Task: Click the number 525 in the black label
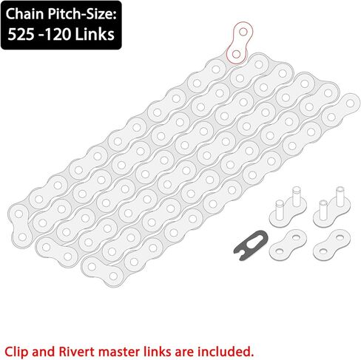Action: point(21,34)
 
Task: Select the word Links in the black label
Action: point(95,34)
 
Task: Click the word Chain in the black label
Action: point(24,14)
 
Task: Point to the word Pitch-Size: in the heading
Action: point(82,15)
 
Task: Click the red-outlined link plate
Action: point(240,43)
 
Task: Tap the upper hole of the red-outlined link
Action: point(243,32)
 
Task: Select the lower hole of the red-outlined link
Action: point(236,54)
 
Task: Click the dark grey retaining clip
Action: point(250,245)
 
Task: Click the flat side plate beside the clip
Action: point(288,245)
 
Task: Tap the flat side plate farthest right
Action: point(331,245)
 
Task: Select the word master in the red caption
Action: point(121,352)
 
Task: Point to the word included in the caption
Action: point(224,351)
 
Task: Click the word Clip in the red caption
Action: point(16,352)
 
